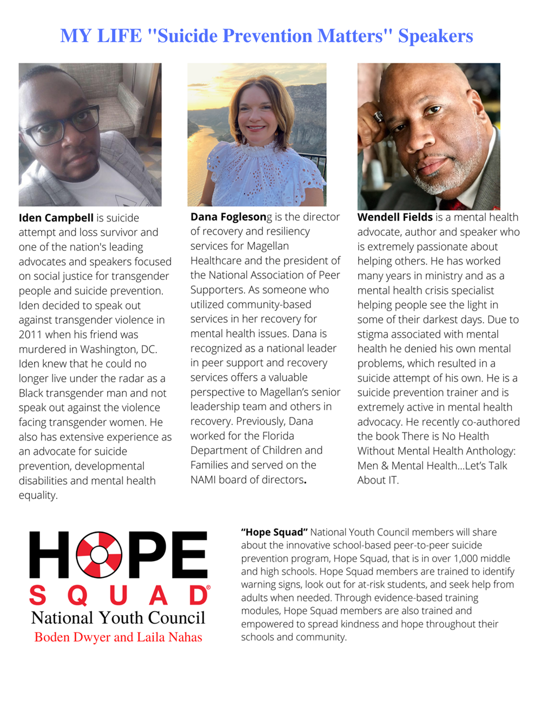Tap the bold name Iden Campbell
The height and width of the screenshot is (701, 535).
[x=56, y=218]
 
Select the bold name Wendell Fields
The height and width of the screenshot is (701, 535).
[x=395, y=217]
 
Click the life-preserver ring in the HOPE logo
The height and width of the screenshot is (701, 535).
[x=99, y=555]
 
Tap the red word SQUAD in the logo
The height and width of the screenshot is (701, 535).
[x=119, y=596]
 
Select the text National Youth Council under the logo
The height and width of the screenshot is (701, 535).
[x=118, y=618]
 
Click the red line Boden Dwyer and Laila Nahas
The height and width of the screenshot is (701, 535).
[x=118, y=637]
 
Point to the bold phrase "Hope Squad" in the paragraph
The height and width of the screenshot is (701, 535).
[x=274, y=532]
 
